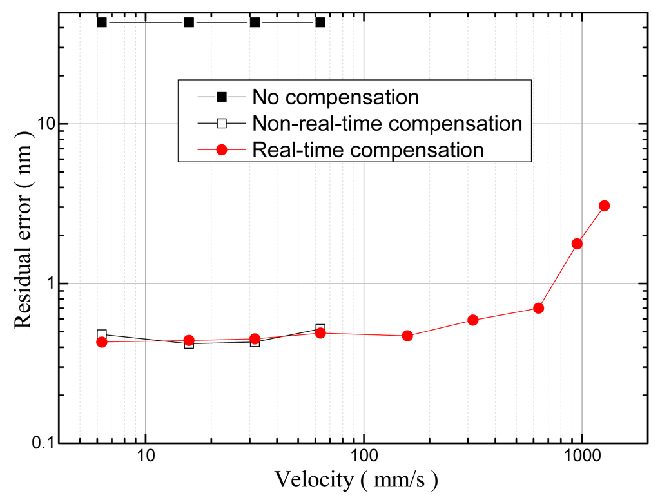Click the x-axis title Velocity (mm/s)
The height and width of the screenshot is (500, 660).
(357, 480)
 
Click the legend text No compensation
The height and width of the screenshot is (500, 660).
(335, 97)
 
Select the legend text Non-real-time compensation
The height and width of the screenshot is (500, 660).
(387, 123)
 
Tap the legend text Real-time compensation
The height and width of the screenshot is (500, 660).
(367, 149)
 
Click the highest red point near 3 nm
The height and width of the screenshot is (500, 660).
(604, 206)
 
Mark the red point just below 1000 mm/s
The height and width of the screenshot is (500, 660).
(577, 244)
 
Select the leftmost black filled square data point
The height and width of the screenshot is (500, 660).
(101, 23)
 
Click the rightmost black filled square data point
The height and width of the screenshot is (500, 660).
(320, 23)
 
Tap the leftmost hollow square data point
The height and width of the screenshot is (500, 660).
(101, 334)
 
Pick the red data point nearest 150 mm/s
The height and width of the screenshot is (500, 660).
(407, 336)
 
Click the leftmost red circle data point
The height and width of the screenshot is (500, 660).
(101, 342)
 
